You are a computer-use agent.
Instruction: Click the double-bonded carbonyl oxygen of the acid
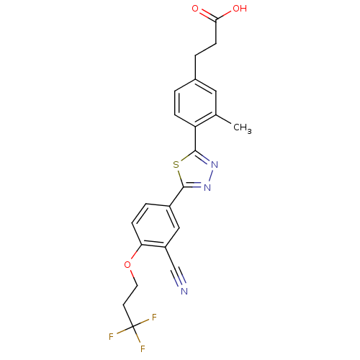pyautogui.click(x=195, y=9)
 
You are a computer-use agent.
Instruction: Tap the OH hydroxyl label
pyautogui.click(x=239, y=9)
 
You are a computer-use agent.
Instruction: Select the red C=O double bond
pyautogui.click(x=201, y=12)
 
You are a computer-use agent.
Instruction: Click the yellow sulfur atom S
pyautogui.click(x=176, y=165)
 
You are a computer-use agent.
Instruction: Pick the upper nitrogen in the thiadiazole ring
pyautogui.click(x=214, y=164)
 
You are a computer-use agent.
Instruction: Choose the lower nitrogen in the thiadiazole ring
pyautogui.click(x=207, y=187)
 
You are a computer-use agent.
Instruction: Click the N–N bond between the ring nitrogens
pyautogui.click(x=210, y=176)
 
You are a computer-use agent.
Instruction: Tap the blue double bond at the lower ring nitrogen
pyautogui.click(x=199, y=187)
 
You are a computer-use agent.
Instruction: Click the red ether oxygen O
pyautogui.click(x=127, y=265)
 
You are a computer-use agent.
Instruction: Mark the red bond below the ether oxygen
pyautogui.click(x=131, y=274)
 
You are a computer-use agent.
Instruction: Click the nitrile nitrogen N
pyautogui.click(x=184, y=291)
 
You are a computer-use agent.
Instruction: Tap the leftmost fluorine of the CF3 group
pyautogui.click(x=112, y=336)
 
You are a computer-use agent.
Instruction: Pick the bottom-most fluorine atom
pyautogui.click(x=143, y=349)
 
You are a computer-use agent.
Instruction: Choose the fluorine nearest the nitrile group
pyautogui.click(x=154, y=318)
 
